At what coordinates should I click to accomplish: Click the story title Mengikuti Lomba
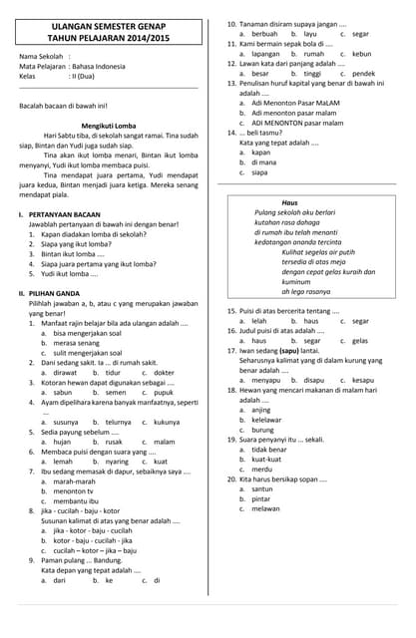pyautogui.click(x=108, y=125)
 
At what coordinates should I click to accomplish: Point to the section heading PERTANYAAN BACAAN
pyautogui.click(x=65, y=214)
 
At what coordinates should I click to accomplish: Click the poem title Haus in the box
pyautogui.click(x=289, y=202)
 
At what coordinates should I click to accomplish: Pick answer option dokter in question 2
pyautogui.click(x=165, y=373)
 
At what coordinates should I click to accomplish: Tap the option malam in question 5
pyautogui.click(x=165, y=442)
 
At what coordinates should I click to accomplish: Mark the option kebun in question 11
pyautogui.click(x=362, y=54)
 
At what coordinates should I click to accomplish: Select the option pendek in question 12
pyautogui.click(x=364, y=73)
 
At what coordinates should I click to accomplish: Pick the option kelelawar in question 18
pyautogui.click(x=267, y=420)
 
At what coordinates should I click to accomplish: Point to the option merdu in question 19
pyautogui.click(x=261, y=469)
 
